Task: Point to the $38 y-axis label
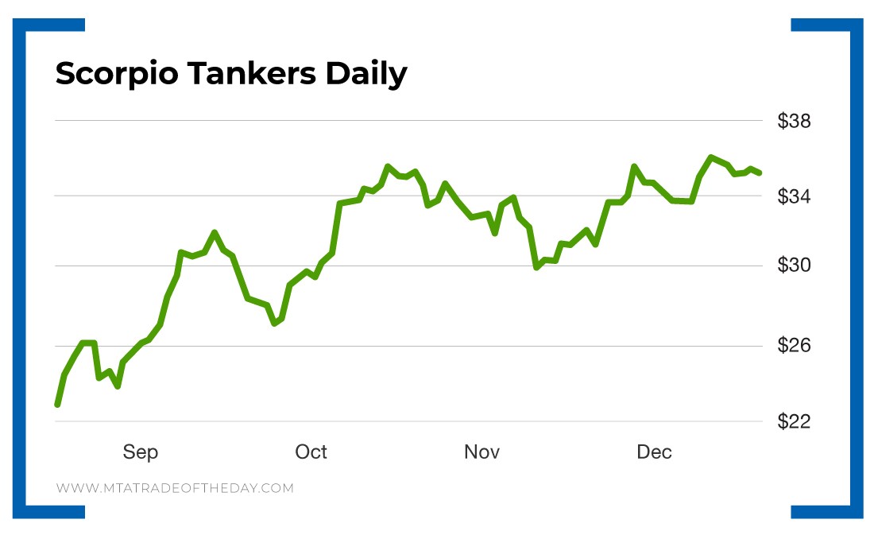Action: tap(794, 122)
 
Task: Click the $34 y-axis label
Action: tap(794, 196)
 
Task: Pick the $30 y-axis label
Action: tap(794, 266)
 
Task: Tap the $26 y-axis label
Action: tap(794, 346)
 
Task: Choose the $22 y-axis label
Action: tap(794, 421)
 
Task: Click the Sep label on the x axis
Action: tap(140, 452)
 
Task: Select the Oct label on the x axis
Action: tap(311, 452)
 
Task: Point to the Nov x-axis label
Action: tap(481, 452)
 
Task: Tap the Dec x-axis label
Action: tap(654, 452)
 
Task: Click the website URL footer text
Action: tap(175, 488)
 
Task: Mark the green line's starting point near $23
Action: tap(57, 404)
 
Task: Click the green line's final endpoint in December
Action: tap(760, 173)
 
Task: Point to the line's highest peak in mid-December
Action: tap(711, 157)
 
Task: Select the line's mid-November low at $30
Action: tap(537, 267)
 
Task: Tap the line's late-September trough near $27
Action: tap(274, 324)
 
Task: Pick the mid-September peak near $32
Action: tap(214, 232)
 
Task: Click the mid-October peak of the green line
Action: tap(387, 166)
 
